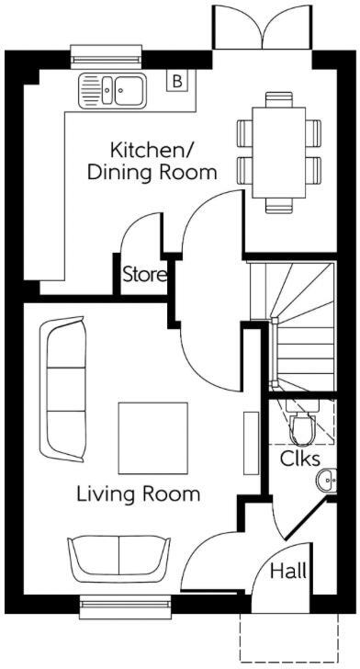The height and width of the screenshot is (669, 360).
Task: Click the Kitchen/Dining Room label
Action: [x=163, y=160]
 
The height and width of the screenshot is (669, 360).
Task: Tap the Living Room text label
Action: [x=138, y=494]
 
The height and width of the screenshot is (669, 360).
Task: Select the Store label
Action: [x=144, y=275]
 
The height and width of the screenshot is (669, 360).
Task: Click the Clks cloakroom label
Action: [x=299, y=457]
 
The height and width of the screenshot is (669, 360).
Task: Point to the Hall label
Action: [x=288, y=571]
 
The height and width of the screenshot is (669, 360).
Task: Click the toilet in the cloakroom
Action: [x=301, y=426]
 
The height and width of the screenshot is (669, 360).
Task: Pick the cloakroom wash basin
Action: [x=328, y=481]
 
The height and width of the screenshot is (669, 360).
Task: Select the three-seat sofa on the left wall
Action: [x=62, y=389]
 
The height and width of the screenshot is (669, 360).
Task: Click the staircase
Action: [x=299, y=322]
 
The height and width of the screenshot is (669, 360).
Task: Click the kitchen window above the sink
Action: [x=97, y=57]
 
